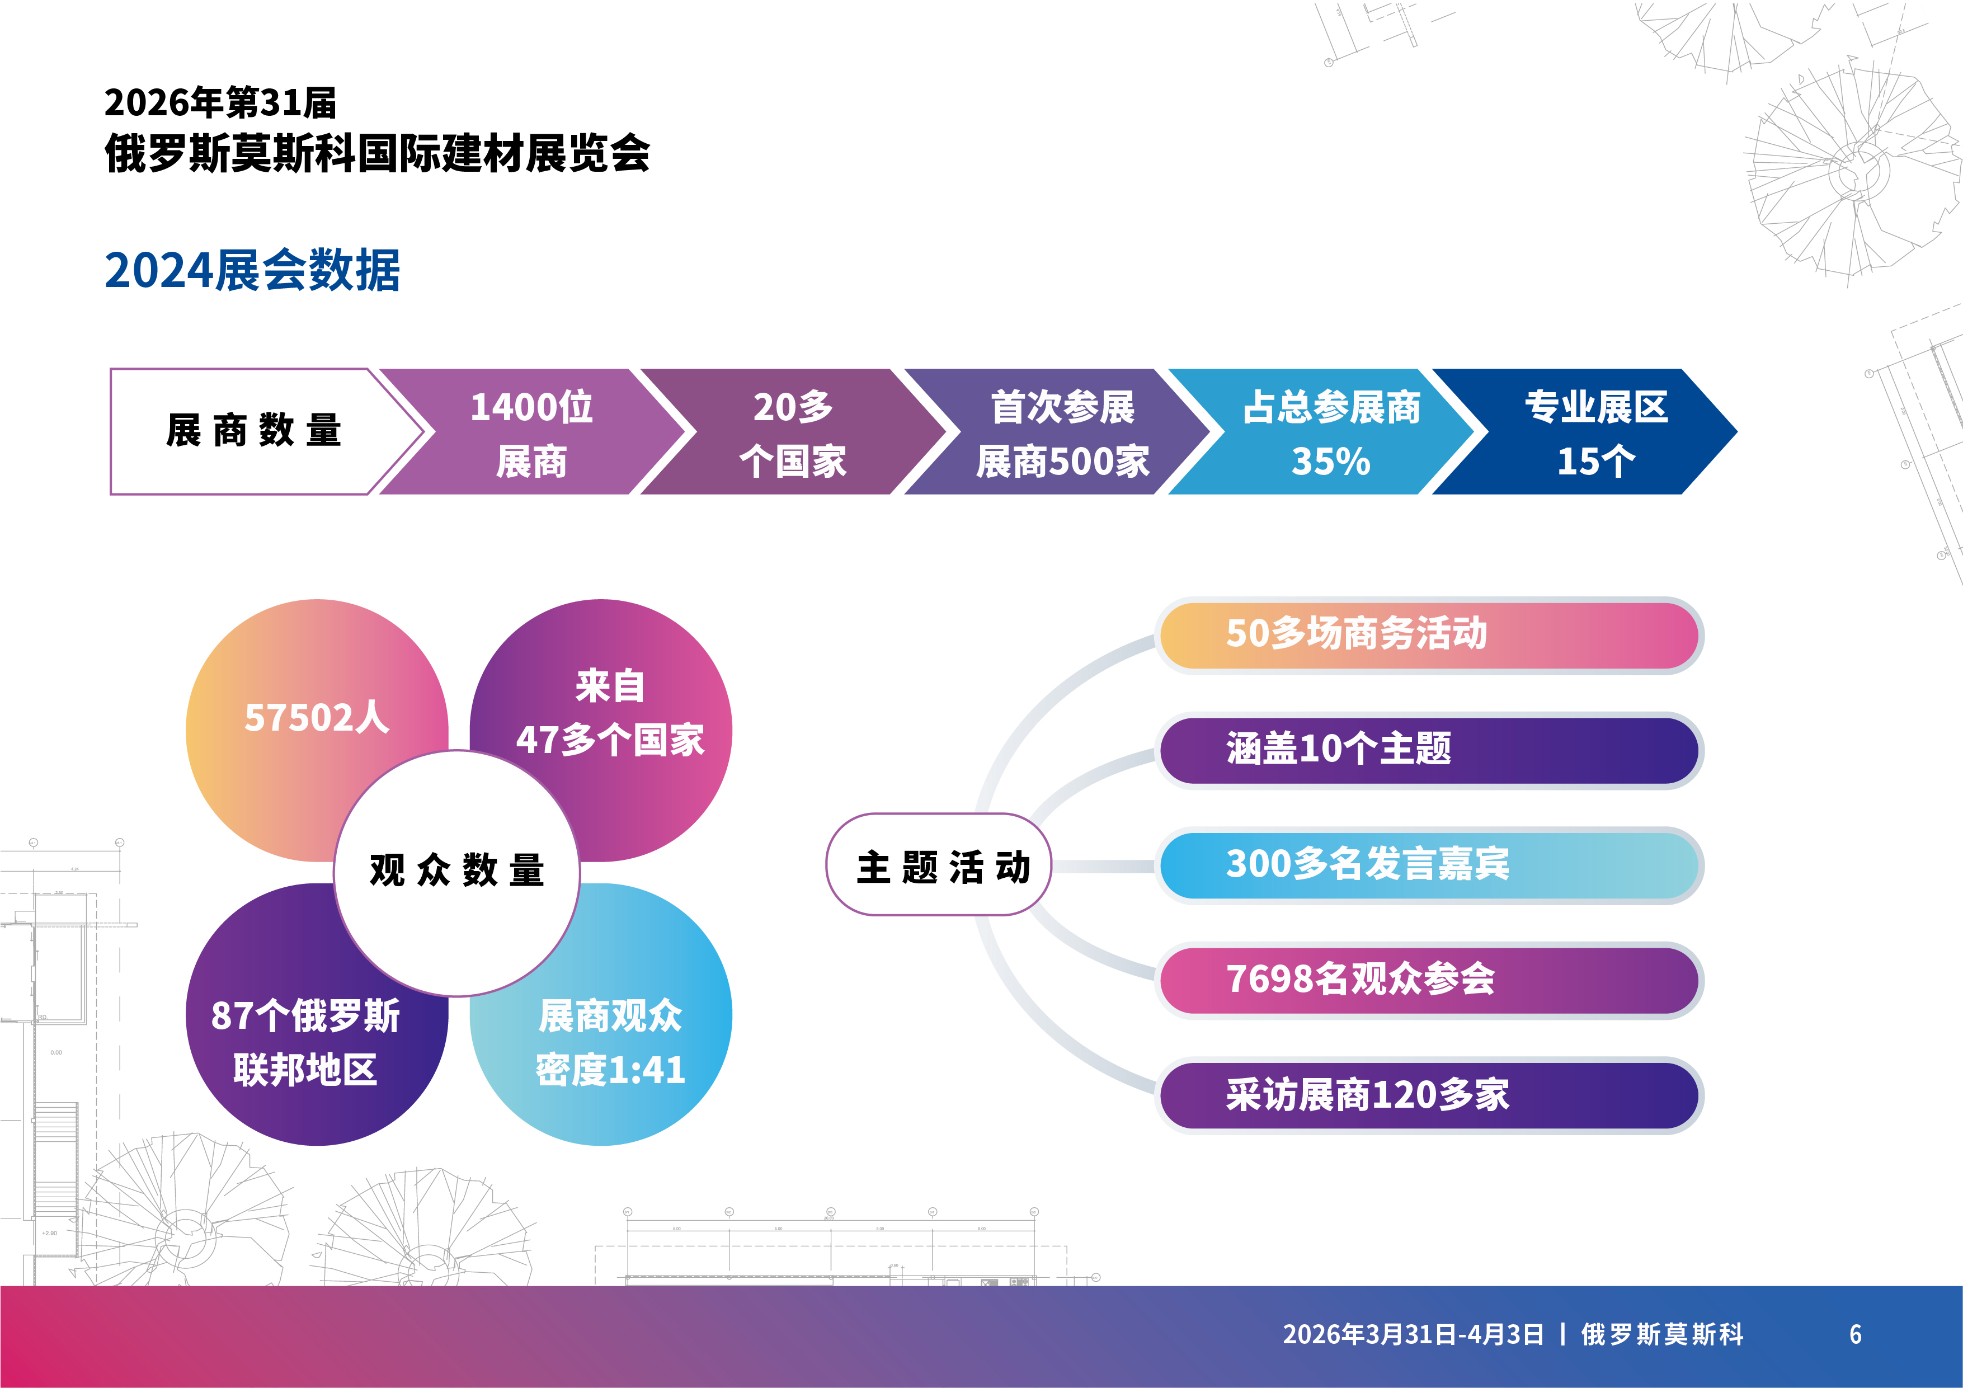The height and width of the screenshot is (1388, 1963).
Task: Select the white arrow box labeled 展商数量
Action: coord(256,431)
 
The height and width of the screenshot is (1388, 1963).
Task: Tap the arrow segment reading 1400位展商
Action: coord(532,431)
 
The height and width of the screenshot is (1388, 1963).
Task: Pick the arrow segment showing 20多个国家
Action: coord(793,431)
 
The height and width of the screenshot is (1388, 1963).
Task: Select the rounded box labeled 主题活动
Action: coord(939,864)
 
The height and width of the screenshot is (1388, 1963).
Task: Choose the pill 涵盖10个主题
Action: coord(1429,750)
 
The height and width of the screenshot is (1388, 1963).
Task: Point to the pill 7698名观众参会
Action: coord(1429,980)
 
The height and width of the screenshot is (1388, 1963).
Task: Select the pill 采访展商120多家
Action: coord(1429,1095)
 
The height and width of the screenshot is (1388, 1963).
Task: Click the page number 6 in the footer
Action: coord(1855,1334)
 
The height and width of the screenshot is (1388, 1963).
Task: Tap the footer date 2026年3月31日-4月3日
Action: coord(1413,1334)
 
